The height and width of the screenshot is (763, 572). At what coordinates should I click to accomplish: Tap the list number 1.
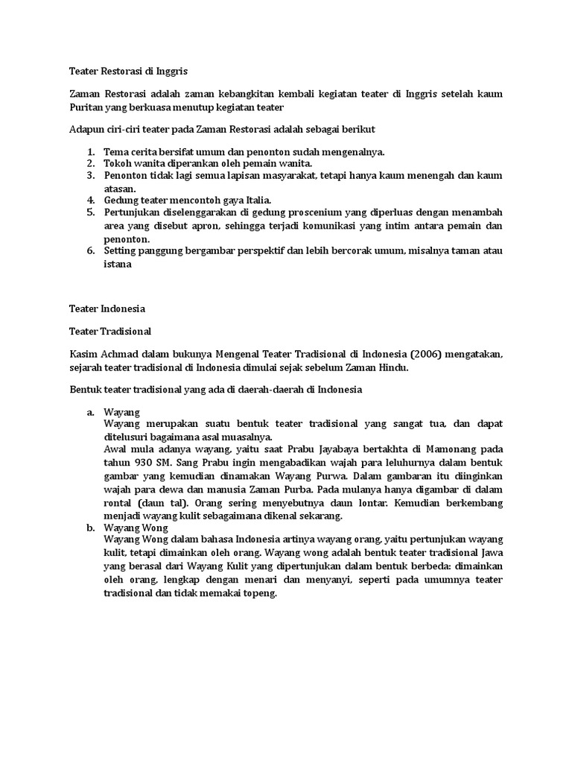point(90,151)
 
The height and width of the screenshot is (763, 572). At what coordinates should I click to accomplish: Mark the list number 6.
point(90,251)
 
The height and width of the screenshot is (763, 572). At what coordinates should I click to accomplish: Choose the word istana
point(117,264)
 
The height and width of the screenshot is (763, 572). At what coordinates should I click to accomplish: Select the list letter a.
point(90,411)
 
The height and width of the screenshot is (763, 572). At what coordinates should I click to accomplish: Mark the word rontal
point(120,502)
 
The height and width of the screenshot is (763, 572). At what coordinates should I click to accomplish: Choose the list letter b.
point(90,528)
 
